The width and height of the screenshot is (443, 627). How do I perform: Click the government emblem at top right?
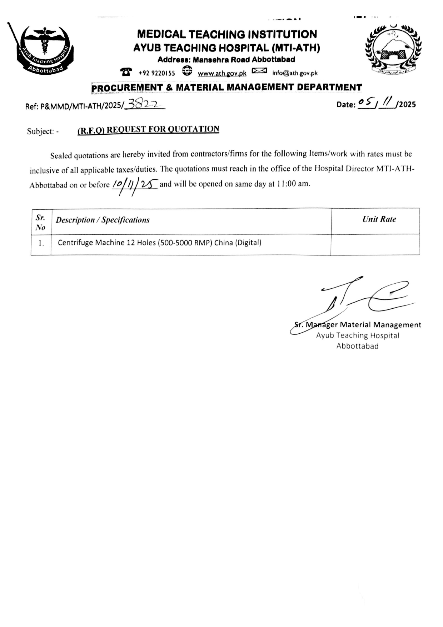point(393,50)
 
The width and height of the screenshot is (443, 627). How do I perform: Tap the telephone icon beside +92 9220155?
point(126,72)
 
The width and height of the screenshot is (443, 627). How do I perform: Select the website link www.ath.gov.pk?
point(222,73)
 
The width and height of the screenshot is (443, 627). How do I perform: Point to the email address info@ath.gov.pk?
point(295,73)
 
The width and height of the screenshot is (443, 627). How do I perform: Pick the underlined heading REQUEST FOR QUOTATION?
point(148,130)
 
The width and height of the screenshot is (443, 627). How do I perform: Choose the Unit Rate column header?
point(379,219)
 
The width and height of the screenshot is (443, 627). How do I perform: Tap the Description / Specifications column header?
point(103,220)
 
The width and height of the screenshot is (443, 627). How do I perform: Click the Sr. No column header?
point(41,222)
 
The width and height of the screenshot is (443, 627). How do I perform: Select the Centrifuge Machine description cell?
point(159,243)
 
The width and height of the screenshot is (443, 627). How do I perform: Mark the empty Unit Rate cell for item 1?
point(375,244)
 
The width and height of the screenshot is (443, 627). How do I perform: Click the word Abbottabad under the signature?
point(357,346)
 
